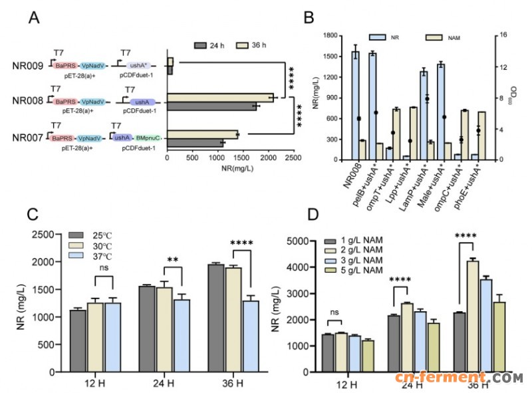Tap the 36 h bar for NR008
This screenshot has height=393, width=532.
(x=220, y=98)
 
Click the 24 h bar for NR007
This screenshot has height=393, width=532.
(x=196, y=142)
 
